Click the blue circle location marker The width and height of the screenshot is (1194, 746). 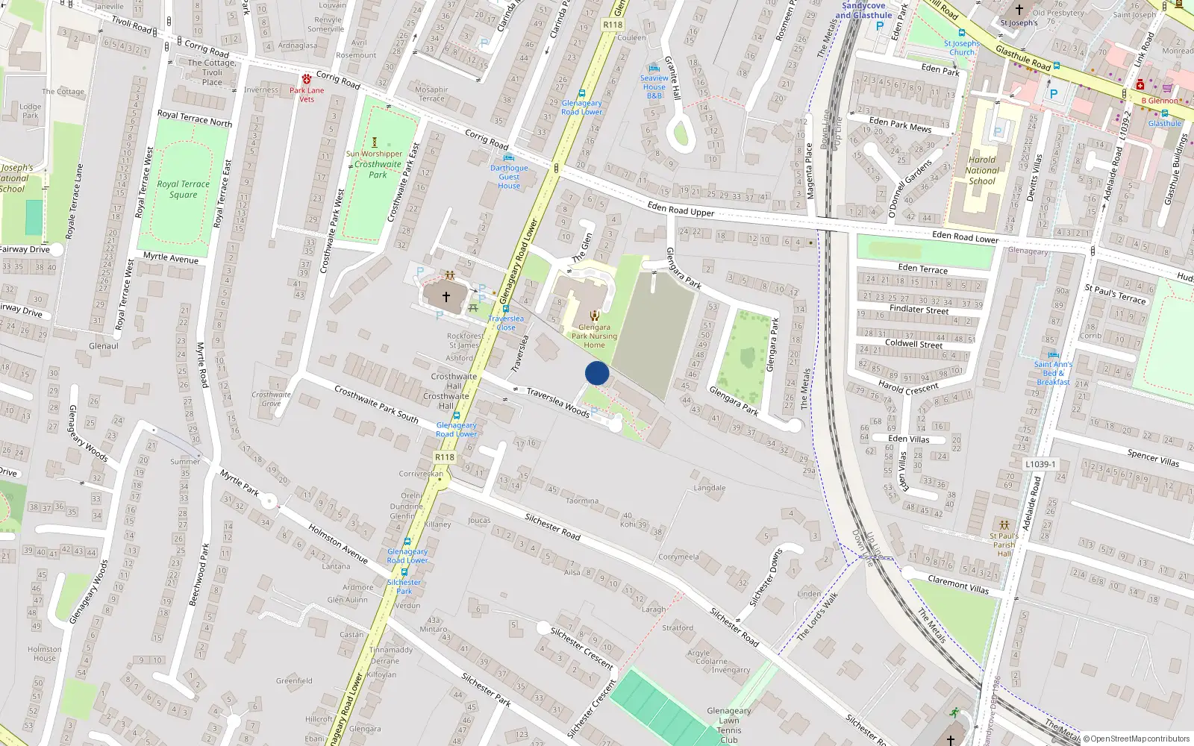tap(597, 373)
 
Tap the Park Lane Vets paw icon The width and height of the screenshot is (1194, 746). tap(306, 79)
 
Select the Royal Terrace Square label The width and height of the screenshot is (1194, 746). tap(184, 189)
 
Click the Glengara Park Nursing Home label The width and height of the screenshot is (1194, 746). tap(594, 336)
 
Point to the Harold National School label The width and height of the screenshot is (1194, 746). tap(982, 170)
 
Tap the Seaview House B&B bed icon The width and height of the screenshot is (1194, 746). tap(654, 67)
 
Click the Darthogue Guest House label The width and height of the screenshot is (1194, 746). tap(509, 177)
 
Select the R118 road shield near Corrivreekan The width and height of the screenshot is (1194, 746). tap(445, 457)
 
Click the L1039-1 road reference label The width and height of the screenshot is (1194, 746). tap(1040, 464)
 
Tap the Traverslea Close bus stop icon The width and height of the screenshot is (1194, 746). tap(506, 309)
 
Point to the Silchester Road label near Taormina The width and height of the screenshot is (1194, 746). tap(552, 527)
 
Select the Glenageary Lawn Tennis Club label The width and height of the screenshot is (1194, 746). tap(728, 725)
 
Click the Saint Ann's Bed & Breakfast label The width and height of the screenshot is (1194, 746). tap(1053, 373)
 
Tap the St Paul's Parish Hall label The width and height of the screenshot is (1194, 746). tap(1004, 545)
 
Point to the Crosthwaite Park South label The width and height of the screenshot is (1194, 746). tap(376, 404)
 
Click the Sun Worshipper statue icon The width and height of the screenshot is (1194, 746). tap(375, 142)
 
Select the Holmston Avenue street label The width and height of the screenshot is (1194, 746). tap(338, 543)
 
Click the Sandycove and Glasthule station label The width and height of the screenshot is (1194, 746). tap(863, 10)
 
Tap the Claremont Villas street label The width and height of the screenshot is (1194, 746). tap(958, 584)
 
